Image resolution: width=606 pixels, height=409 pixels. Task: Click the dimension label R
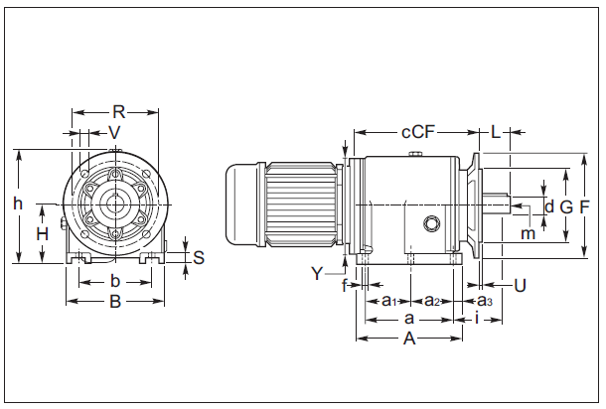click(x=118, y=112)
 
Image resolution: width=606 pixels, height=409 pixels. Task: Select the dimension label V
click(x=114, y=132)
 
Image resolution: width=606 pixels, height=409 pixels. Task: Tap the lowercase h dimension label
click(x=17, y=204)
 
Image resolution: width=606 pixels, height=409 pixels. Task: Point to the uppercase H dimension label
click(x=42, y=234)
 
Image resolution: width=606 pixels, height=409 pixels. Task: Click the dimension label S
click(x=198, y=258)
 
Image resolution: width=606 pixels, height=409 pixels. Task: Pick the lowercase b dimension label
click(x=115, y=281)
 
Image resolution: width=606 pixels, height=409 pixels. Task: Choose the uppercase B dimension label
click(x=115, y=302)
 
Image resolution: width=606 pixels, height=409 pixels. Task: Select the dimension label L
click(x=495, y=132)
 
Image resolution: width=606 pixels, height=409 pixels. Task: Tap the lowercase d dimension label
click(x=549, y=206)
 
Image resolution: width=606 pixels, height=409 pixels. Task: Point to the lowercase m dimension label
click(x=529, y=233)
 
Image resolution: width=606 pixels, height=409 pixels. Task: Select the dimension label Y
click(x=317, y=273)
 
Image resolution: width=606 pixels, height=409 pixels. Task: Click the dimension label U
click(x=520, y=286)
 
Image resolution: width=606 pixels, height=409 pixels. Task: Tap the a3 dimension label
click(x=485, y=301)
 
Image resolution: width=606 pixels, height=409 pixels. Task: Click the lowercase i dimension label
click(x=478, y=319)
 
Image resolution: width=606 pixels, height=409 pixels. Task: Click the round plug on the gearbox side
click(x=432, y=223)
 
